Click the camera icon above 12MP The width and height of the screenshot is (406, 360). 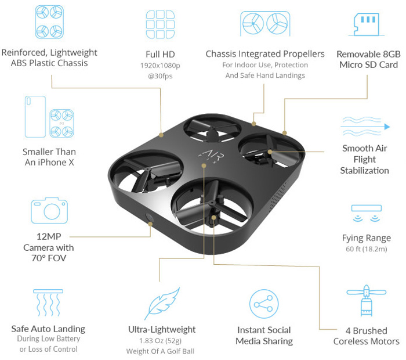pos(49,210)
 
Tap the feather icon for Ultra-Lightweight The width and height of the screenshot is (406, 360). pos(162,303)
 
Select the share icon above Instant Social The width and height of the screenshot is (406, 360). pos(264,304)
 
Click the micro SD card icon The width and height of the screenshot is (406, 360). pos(367,24)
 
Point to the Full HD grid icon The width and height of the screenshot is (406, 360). pos(160,24)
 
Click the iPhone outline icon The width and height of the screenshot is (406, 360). pos(35,117)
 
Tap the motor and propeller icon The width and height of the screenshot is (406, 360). pos(367,301)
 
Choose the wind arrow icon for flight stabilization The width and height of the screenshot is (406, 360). pos(365,127)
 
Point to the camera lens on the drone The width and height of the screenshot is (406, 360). pos(150,218)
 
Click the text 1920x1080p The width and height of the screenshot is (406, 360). pos(160,66)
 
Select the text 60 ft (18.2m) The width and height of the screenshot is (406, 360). pos(367,249)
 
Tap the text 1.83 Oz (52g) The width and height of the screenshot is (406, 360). pos(160,341)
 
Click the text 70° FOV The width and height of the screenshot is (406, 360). pos(49,258)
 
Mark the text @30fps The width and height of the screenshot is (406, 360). pos(160,76)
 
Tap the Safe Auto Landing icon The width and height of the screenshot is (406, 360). pos(48,303)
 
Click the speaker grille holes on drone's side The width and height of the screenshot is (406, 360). pos(279,196)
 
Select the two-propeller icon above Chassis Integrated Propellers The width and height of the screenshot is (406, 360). pos(265,24)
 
